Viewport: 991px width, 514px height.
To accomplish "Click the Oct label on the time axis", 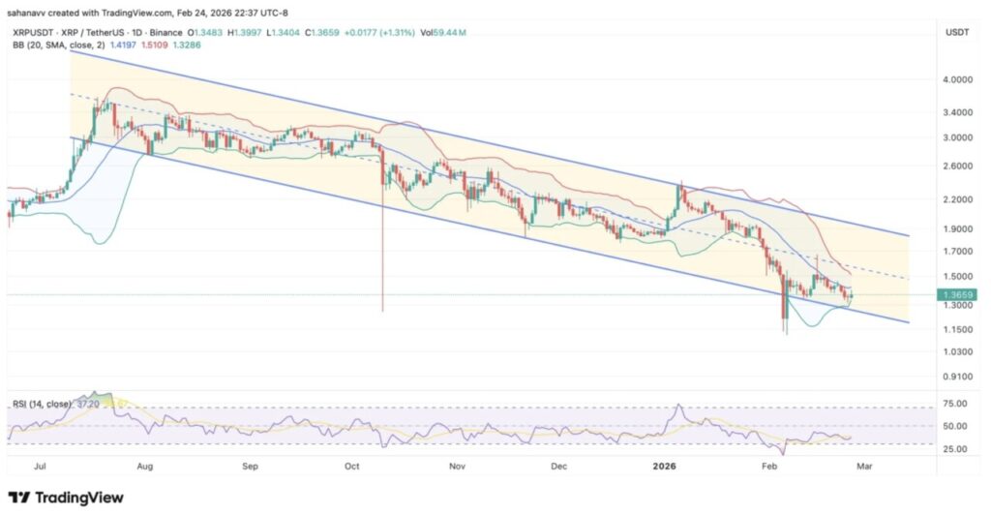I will click(352, 466).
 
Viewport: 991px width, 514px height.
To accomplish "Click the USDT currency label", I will click(955, 33).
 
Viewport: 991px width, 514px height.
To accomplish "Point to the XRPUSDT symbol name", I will click(32, 33).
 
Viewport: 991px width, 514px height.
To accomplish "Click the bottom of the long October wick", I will click(383, 311).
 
